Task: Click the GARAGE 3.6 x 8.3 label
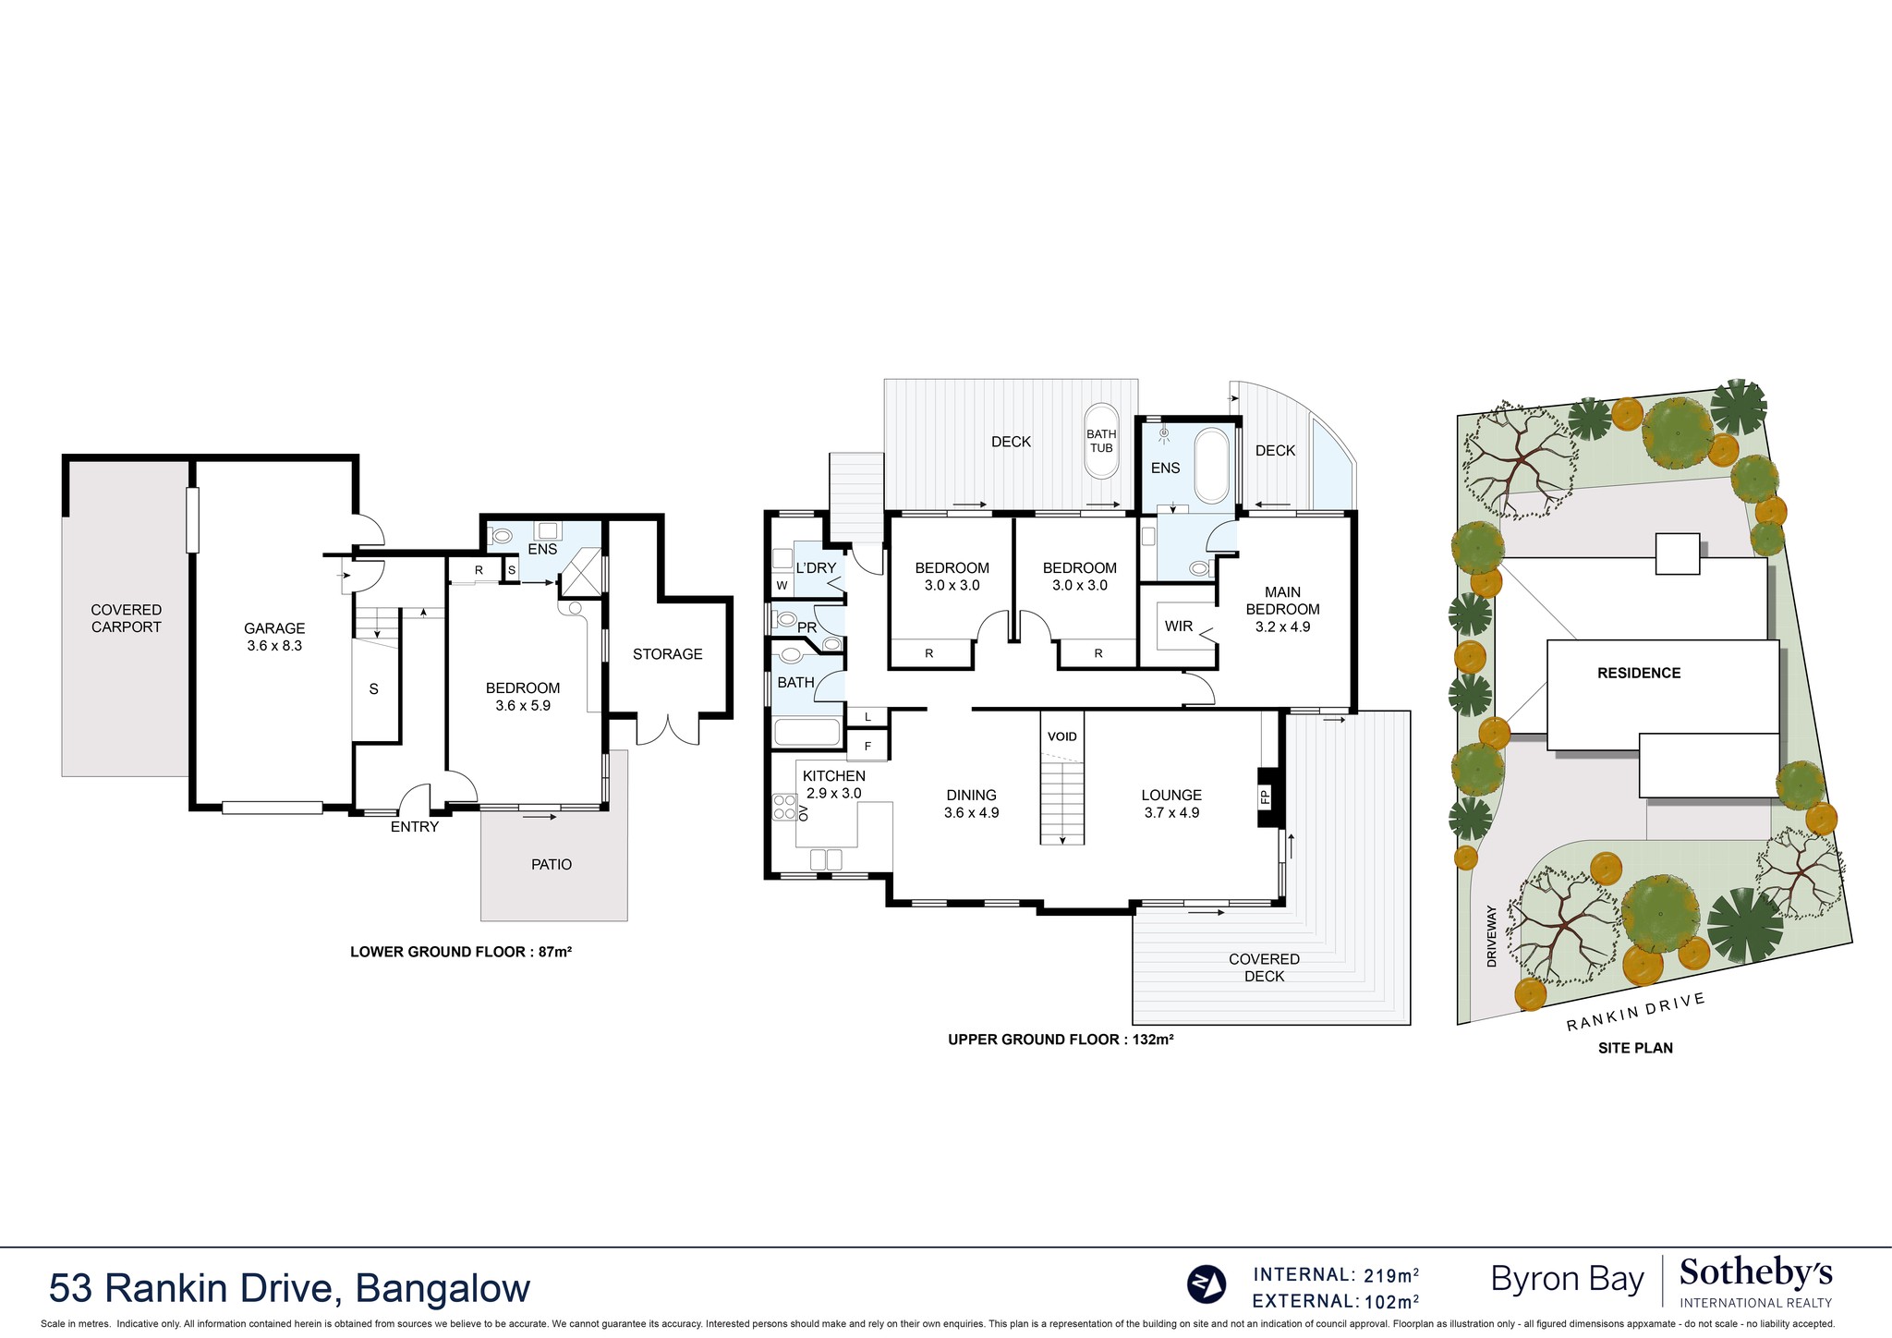tap(274, 637)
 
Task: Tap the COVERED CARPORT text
tap(126, 618)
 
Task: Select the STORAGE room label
tap(667, 654)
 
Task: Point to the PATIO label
tap(552, 865)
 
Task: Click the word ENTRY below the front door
tap(414, 827)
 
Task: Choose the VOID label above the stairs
tap(1062, 736)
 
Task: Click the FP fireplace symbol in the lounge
tap(1266, 797)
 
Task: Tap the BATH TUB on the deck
tap(1100, 441)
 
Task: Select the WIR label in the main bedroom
tap(1179, 626)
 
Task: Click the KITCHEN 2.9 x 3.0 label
tap(833, 785)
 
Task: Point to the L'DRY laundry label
tap(816, 568)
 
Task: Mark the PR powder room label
tap(807, 627)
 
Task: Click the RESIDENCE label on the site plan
tap(1639, 674)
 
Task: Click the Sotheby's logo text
tap(1755, 1273)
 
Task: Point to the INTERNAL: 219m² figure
tap(1335, 1275)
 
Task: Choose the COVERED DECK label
tap(1264, 967)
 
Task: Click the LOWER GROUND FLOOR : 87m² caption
tap(461, 952)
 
